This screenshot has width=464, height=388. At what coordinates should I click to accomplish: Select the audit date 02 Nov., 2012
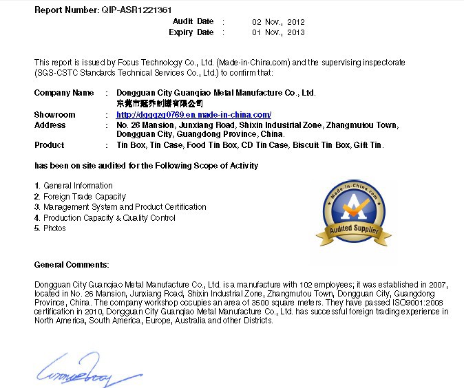click(278, 22)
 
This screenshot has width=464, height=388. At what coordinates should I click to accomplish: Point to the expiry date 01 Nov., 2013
click(278, 32)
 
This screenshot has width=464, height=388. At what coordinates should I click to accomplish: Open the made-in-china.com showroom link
click(193, 115)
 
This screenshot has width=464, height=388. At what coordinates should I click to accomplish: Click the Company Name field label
click(64, 92)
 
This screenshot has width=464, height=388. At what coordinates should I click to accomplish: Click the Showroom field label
click(54, 115)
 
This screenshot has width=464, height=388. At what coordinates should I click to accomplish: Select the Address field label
click(50, 125)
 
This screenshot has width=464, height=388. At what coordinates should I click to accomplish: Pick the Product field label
click(49, 145)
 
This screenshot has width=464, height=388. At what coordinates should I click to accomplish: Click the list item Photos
click(54, 228)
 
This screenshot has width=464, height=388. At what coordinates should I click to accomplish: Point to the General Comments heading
click(72, 265)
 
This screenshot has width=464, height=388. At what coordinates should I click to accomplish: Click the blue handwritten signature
click(80, 371)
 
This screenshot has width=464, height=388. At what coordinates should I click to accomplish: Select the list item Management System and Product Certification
click(125, 207)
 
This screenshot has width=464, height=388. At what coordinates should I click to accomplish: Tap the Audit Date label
click(193, 22)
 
